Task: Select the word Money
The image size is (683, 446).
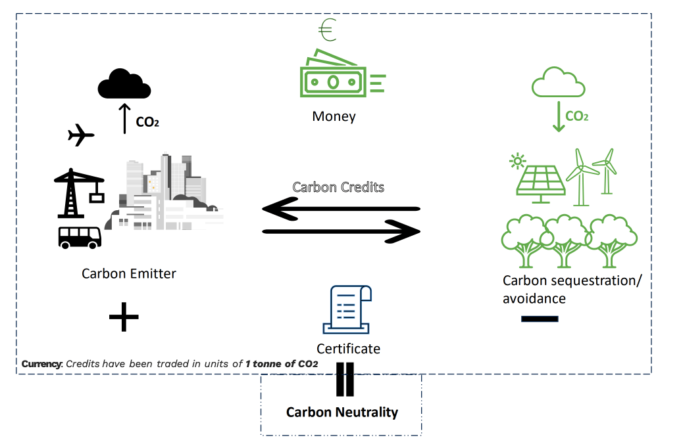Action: point(334,117)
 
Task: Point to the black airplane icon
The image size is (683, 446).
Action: point(80,135)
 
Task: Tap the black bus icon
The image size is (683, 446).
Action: point(80,236)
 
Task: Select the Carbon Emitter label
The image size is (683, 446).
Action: point(129,273)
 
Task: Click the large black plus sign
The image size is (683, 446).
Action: point(124,318)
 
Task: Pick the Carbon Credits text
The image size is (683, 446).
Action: point(338,187)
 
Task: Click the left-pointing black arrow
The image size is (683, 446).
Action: point(340,210)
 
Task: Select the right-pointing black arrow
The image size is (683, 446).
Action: point(341,231)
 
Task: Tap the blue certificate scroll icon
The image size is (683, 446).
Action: point(347,309)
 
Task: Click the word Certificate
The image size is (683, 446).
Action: point(348,349)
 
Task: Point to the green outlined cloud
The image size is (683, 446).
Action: point(558,82)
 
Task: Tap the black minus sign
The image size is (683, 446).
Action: point(540,319)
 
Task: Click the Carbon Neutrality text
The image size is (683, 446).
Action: point(341,413)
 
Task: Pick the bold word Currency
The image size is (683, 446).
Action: point(41,364)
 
